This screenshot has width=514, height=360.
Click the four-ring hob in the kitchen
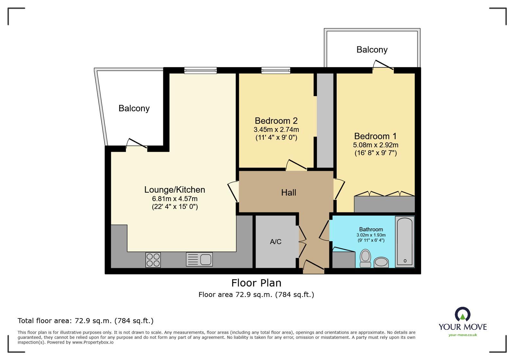[153, 260]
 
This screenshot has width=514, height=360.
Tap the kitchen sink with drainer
[199, 260]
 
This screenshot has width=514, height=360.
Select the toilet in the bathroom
[365, 258]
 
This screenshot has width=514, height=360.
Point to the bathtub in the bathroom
[404, 242]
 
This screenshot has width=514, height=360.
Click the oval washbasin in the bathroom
[381, 262]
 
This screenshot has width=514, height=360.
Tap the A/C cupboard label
[275, 242]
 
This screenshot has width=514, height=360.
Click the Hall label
[288, 193]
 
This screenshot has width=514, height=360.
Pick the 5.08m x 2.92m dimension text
[375, 145]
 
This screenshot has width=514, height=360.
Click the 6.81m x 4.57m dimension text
[175, 199]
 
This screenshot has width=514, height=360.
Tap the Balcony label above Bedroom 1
[372, 50]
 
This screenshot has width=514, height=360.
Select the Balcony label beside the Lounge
[134, 108]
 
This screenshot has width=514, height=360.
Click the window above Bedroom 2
[276, 70]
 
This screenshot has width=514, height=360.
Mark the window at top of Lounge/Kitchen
[200, 70]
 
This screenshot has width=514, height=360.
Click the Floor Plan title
[256, 283]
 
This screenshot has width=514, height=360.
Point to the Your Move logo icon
[463, 314]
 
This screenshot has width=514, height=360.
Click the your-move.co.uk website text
[463, 335]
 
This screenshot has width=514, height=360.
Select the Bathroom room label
[371, 229]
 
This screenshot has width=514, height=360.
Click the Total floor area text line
[86, 321]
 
